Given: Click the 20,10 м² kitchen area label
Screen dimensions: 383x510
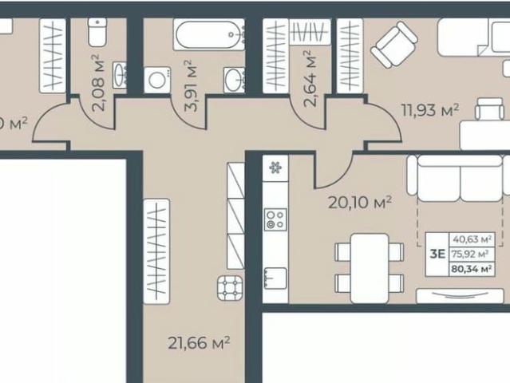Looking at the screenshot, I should [x=360, y=202].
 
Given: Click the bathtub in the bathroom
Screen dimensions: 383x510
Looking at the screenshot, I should [x=208, y=36].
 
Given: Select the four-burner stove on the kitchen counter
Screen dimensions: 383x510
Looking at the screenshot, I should [x=276, y=219].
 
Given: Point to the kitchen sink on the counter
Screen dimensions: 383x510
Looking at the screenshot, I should [x=275, y=276].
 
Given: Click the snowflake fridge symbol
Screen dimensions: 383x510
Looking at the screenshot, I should [x=276, y=168].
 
